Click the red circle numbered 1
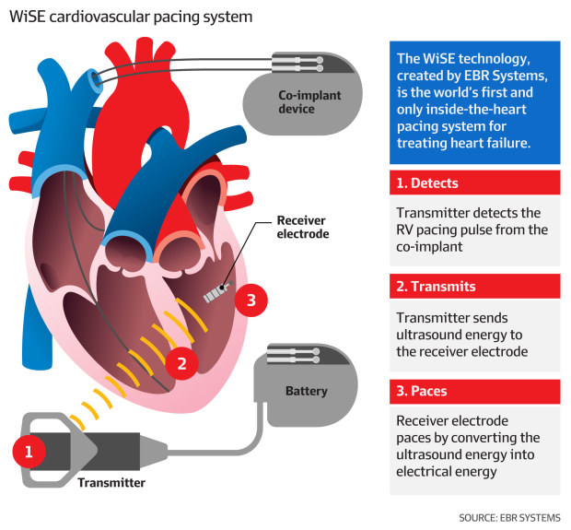click(29, 451)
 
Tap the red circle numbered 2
click(181, 362)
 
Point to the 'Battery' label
click(306, 391)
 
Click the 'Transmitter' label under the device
click(111, 482)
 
